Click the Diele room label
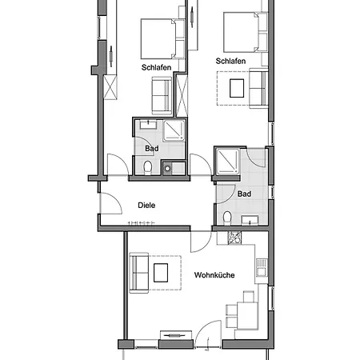pyautogui.click(x=146, y=206)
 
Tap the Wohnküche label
pyautogui.click(x=214, y=275)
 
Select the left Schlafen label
pyautogui.click(x=156, y=67)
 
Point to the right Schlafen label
pyautogui.click(x=230, y=61)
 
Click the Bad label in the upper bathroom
pyautogui.click(x=152, y=149)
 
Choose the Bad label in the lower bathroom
pyautogui.click(x=244, y=194)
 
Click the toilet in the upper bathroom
pyautogui.click(x=147, y=167)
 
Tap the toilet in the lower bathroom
pyautogui.click(x=227, y=218)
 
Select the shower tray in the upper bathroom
pyautogui.click(x=174, y=130)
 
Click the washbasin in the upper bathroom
pyautogui.click(x=148, y=125)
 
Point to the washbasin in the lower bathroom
pyautogui.click(x=250, y=220)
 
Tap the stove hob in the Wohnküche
pyautogui.click(x=234, y=238)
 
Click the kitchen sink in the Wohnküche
pyautogui.click(x=262, y=267)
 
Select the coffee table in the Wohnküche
pyautogui.click(x=161, y=273)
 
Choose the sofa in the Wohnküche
pyautogui.click(x=139, y=273)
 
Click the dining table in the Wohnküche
pyautogui.click(x=248, y=316)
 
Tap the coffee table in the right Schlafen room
pyautogui.click(x=237, y=88)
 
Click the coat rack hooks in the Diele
pyautogui.click(x=142, y=223)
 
